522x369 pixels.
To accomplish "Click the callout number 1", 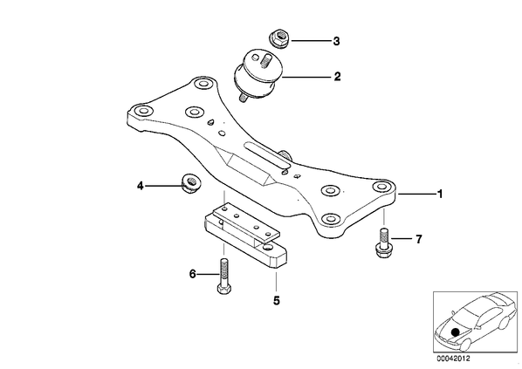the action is tap(440, 194).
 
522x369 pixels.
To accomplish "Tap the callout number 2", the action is tap(337, 77).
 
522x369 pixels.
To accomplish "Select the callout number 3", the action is tap(337, 41).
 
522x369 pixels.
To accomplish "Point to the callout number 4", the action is tap(141, 186).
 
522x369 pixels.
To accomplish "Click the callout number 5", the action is tap(277, 300).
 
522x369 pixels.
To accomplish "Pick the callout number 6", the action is tap(193, 275).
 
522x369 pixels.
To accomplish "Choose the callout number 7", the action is tap(418, 239).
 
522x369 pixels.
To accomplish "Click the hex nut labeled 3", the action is tap(279, 38).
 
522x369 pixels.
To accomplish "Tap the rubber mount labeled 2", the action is tap(258, 76).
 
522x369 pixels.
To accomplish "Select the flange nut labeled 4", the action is tap(190, 184).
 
